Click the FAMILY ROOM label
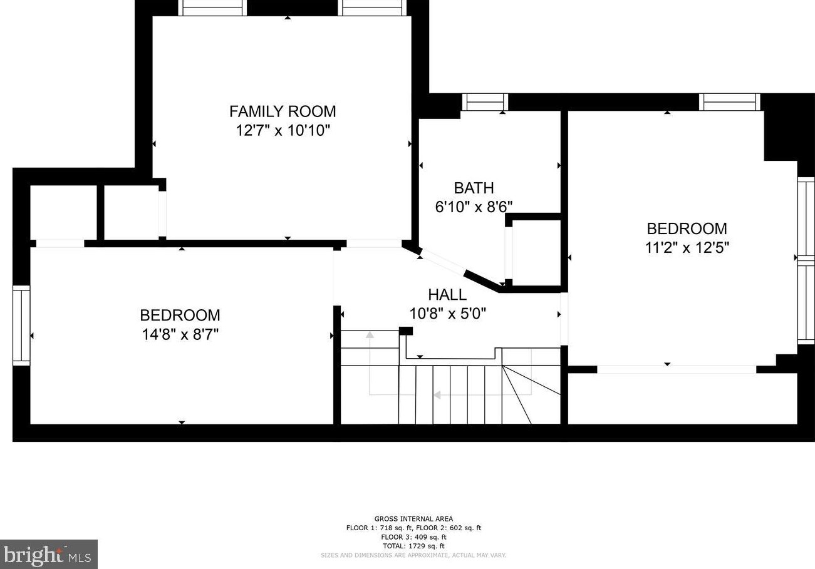click(283, 111)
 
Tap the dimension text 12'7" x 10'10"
click(283, 130)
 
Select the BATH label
click(474, 188)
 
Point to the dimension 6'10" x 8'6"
click(474, 207)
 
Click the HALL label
click(447, 294)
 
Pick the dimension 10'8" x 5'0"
click(447, 314)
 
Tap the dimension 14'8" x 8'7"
click(180, 334)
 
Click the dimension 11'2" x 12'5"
click(687, 248)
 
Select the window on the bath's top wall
click(485, 102)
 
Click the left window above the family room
click(212, 8)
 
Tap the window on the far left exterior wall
click(21, 326)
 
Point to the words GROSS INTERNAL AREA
click(413, 519)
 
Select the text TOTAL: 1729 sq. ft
click(413, 546)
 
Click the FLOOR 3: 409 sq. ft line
click(413, 537)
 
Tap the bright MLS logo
click(48, 555)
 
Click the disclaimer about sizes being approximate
click(413, 555)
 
